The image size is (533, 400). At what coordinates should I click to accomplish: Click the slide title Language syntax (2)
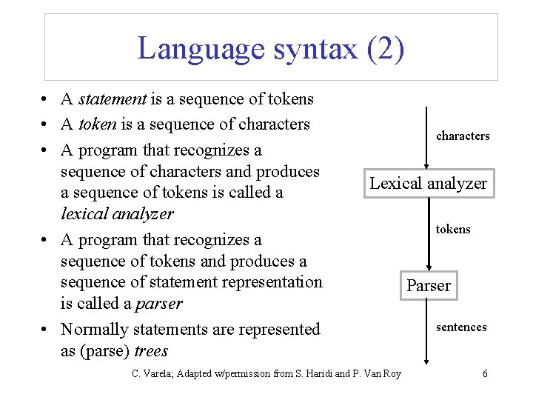tap(271, 49)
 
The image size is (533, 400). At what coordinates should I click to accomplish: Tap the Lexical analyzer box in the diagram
tap(429, 184)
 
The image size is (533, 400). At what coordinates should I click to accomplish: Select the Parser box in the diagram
tap(429, 286)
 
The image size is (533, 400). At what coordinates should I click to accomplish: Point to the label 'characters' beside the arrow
tap(463, 136)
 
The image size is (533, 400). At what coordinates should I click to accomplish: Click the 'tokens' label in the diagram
tap(453, 230)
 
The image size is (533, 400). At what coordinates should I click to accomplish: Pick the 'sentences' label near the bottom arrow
tap(461, 327)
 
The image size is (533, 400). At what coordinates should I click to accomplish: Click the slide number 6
tap(485, 373)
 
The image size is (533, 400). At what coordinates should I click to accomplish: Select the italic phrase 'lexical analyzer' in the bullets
tap(117, 214)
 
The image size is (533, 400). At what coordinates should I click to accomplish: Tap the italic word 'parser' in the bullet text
tap(160, 304)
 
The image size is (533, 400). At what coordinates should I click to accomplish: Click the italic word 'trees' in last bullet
tap(151, 351)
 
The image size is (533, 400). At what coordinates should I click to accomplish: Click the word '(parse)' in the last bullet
tap(106, 351)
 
